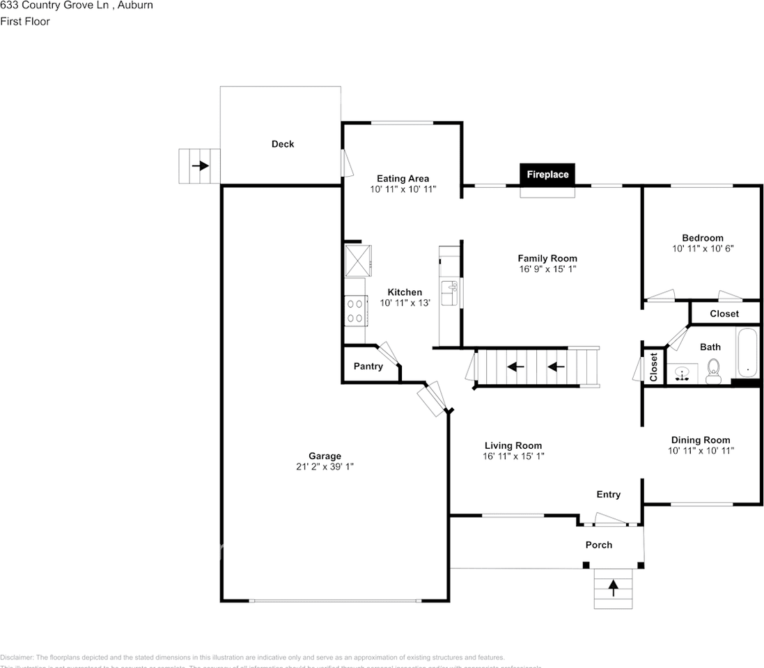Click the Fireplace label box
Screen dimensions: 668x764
pyautogui.click(x=547, y=175)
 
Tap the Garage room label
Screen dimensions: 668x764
pyautogui.click(x=325, y=456)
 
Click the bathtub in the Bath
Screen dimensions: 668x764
pyautogui.click(x=747, y=353)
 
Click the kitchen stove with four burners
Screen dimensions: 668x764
pyautogui.click(x=356, y=310)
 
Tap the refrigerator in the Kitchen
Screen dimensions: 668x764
pyautogui.click(x=358, y=260)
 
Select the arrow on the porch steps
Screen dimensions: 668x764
pyautogui.click(x=613, y=589)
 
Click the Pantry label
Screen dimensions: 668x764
pyautogui.click(x=368, y=366)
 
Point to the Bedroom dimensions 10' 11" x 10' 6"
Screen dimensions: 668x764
pyautogui.click(x=703, y=248)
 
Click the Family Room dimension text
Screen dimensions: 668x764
pyautogui.click(x=547, y=269)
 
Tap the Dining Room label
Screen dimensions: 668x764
pyautogui.click(x=700, y=440)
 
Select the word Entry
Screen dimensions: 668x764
pyautogui.click(x=608, y=494)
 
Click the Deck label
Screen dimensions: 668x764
pyautogui.click(x=283, y=144)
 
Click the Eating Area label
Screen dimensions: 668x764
pyautogui.click(x=403, y=178)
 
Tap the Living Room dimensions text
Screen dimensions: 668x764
pyautogui.click(x=513, y=456)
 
